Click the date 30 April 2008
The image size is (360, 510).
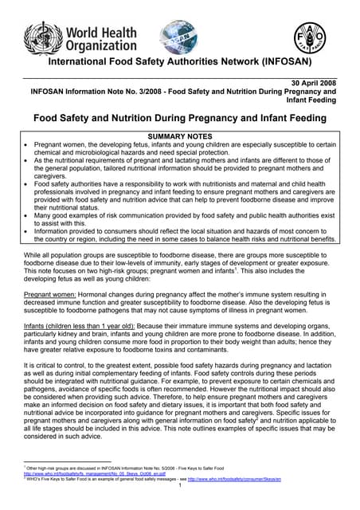(x=311, y=83)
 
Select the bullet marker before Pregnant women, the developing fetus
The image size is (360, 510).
(x=27, y=145)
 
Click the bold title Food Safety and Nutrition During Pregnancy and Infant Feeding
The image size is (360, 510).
(x=180, y=119)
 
